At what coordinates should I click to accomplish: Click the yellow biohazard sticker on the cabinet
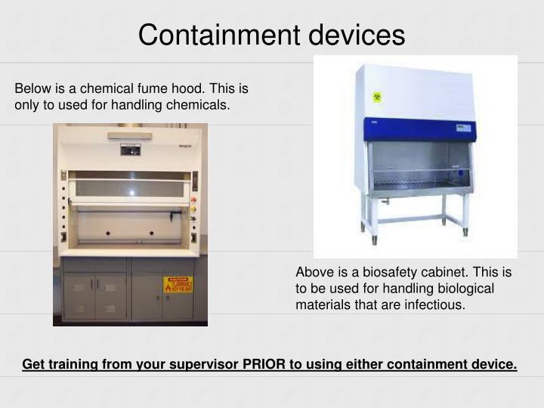[x=377, y=97]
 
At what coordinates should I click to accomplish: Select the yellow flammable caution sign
[x=178, y=285]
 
